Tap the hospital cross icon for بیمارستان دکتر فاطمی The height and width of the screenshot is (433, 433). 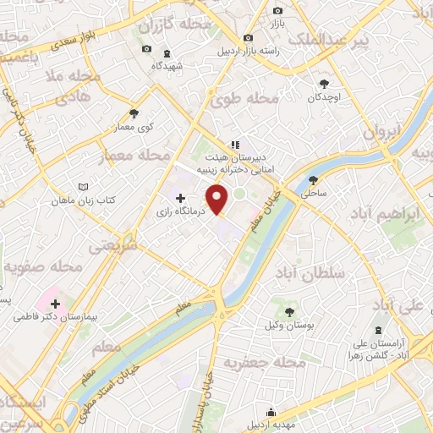point(55,303)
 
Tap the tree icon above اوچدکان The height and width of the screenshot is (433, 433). point(324,83)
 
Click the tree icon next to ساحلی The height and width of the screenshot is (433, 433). point(314,179)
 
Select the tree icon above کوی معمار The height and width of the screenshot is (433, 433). point(133,112)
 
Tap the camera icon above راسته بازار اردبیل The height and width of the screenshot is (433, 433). point(248,38)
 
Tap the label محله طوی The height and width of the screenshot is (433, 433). point(253,99)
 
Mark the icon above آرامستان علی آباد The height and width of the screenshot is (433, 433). point(377,327)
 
